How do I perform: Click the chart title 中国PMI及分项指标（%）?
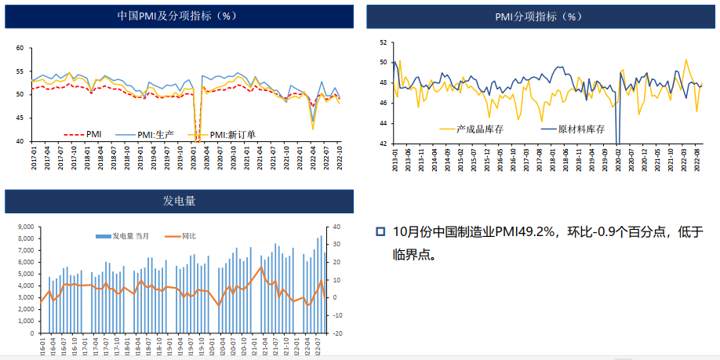176,16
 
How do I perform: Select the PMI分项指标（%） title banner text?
539,16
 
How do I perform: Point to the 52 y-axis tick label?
382,42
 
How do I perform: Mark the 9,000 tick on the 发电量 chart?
24,227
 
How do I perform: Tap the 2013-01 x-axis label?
395,162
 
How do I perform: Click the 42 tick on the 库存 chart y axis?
382,144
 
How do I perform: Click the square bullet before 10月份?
380,231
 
